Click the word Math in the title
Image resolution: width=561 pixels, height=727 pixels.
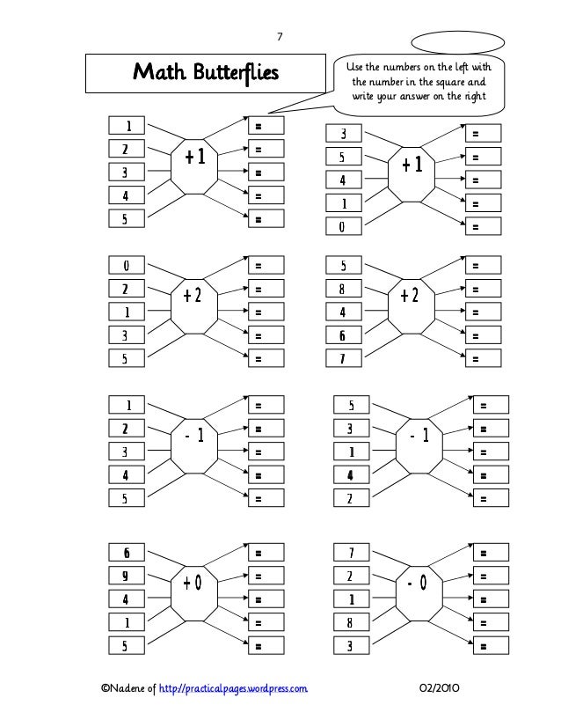coord(155,71)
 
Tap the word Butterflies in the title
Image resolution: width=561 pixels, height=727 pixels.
coord(229,71)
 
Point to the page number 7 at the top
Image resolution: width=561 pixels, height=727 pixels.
coord(280,36)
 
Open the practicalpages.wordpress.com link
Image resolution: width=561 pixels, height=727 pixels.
coord(231,687)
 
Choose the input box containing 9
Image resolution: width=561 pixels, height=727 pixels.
coord(127,576)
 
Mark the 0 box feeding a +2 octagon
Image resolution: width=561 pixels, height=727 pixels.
coord(127,265)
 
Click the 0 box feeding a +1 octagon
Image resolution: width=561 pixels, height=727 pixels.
coord(344,227)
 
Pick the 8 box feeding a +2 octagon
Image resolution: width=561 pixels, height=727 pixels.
coord(344,289)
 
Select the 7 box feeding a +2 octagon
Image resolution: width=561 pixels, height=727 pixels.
coord(344,358)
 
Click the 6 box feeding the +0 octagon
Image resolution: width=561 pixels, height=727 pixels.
coord(127,554)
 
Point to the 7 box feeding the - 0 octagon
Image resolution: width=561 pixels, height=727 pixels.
coord(349,554)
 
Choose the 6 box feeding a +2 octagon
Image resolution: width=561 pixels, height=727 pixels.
coord(344,335)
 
